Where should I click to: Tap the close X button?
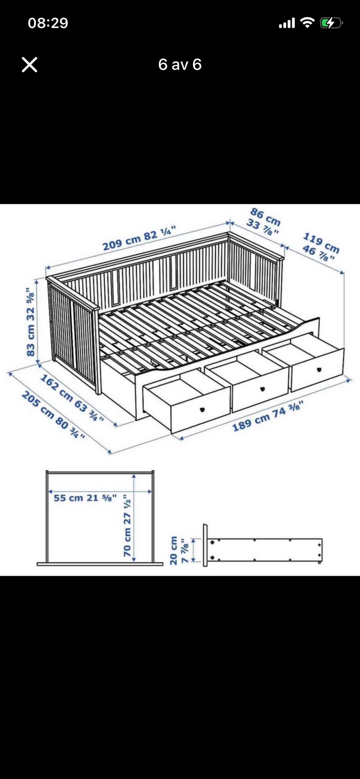[x=30, y=64]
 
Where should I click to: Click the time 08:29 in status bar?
[x=48, y=23]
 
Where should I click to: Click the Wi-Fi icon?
[x=308, y=23]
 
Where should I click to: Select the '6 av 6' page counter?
[x=180, y=64]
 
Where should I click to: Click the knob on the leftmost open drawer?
[x=202, y=409]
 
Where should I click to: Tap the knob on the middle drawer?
[x=262, y=388]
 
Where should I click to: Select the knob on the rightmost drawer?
[x=319, y=369]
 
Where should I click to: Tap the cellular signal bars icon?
[x=287, y=23]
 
